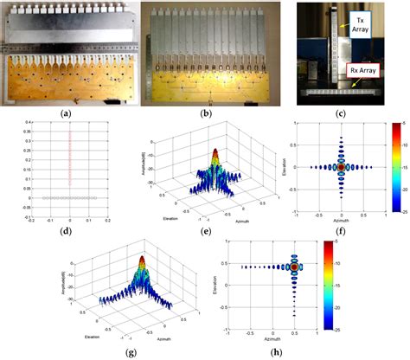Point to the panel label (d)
(66, 222)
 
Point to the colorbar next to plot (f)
(397, 164)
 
